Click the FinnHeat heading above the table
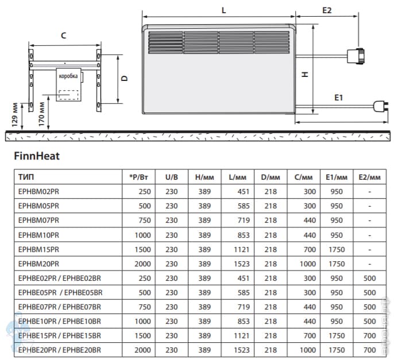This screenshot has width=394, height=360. point(37,156)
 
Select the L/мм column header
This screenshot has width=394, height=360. point(237,177)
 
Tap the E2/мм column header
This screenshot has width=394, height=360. point(369,177)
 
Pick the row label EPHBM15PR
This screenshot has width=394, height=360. point(38,249)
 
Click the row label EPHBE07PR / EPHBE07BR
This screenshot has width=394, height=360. point(60,307)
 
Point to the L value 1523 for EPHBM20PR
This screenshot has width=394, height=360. point(242,264)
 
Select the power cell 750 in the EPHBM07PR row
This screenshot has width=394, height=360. point(145,220)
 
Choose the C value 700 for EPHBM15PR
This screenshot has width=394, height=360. point(310,249)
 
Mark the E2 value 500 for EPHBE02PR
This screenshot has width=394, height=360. point(369,278)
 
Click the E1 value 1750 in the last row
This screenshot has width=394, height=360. point(337,350)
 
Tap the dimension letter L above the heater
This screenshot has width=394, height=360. point(223,10)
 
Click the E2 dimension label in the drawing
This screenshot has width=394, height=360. point(327,10)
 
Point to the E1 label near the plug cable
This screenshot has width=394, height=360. point(338,98)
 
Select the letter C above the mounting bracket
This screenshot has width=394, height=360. point(64,36)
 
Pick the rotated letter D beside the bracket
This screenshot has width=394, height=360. point(125,78)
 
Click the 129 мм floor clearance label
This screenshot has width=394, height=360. point(15,115)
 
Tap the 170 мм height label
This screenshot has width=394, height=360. point(41,114)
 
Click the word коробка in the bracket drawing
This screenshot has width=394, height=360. point(68,76)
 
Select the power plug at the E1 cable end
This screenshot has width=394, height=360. point(381,106)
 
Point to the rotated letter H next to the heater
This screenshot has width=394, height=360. point(305,74)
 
